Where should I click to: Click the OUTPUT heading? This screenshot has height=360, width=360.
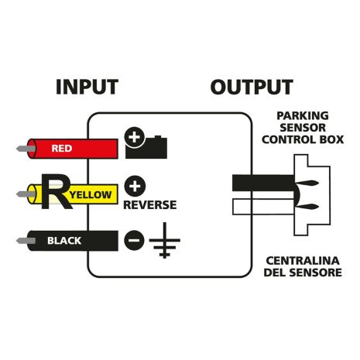point(252,87)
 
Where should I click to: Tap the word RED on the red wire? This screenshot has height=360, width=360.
point(61,147)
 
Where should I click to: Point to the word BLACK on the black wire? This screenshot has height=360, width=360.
point(64,240)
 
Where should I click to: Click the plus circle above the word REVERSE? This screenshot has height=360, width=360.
point(134,187)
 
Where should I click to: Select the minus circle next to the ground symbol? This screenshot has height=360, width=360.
point(134,239)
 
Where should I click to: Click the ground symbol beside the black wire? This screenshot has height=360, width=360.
point(162,242)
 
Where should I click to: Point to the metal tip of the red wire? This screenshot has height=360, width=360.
point(22,146)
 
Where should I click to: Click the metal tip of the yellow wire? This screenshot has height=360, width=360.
point(22,193)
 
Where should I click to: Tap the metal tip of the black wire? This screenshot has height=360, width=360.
point(22,240)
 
